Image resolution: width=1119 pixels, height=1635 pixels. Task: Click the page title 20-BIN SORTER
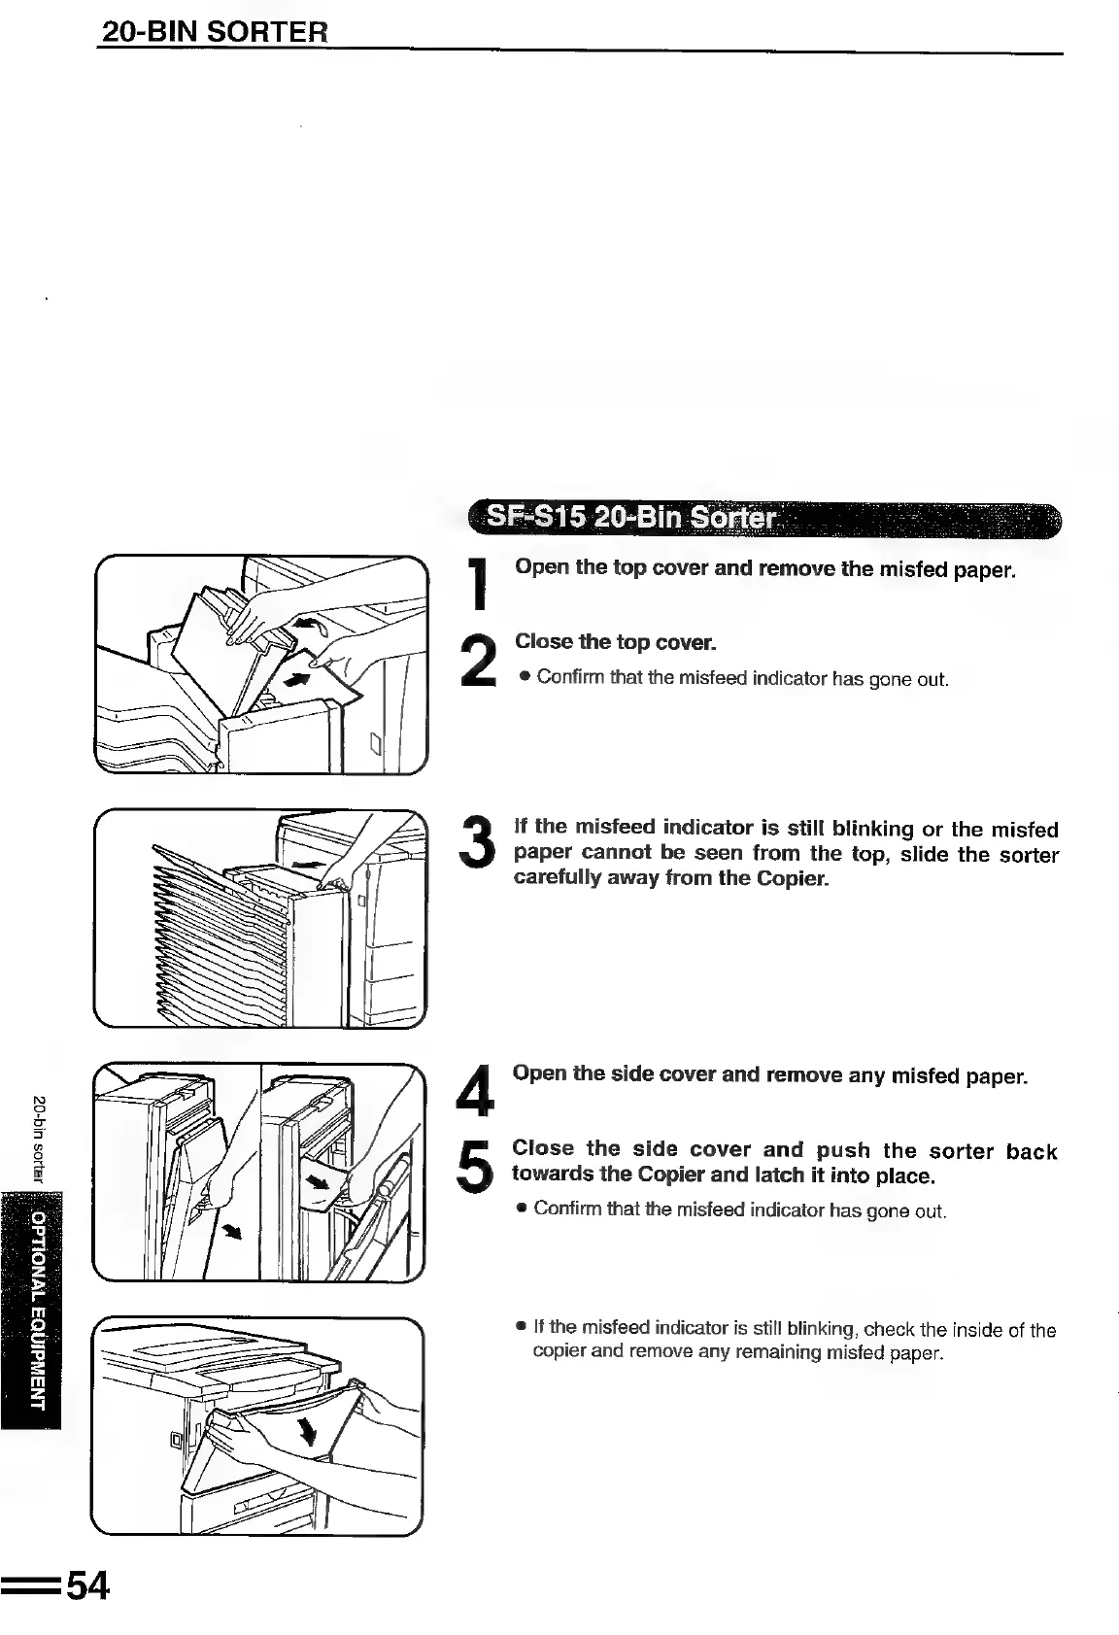[215, 31]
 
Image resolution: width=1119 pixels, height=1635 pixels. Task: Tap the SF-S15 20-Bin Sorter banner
[631, 518]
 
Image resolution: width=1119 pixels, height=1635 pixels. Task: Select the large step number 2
[478, 658]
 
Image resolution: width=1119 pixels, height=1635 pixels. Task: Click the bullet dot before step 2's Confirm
[524, 677]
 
